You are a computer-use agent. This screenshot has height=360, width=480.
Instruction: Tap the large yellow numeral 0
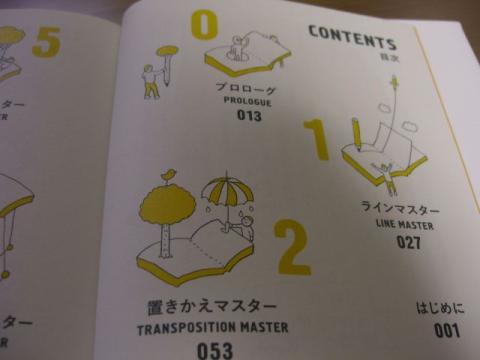[x=204, y=22]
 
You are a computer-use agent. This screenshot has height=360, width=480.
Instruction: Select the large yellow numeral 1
[x=319, y=140]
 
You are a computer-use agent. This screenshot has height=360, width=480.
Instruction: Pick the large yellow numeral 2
[x=291, y=246]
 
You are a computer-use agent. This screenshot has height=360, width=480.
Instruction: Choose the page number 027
[x=408, y=241]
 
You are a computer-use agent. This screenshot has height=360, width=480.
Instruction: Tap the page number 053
[x=214, y=349]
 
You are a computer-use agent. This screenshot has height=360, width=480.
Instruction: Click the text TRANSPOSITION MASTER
[x=212, y=327]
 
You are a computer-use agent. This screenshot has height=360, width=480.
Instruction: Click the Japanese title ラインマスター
[x=400, y=208]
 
